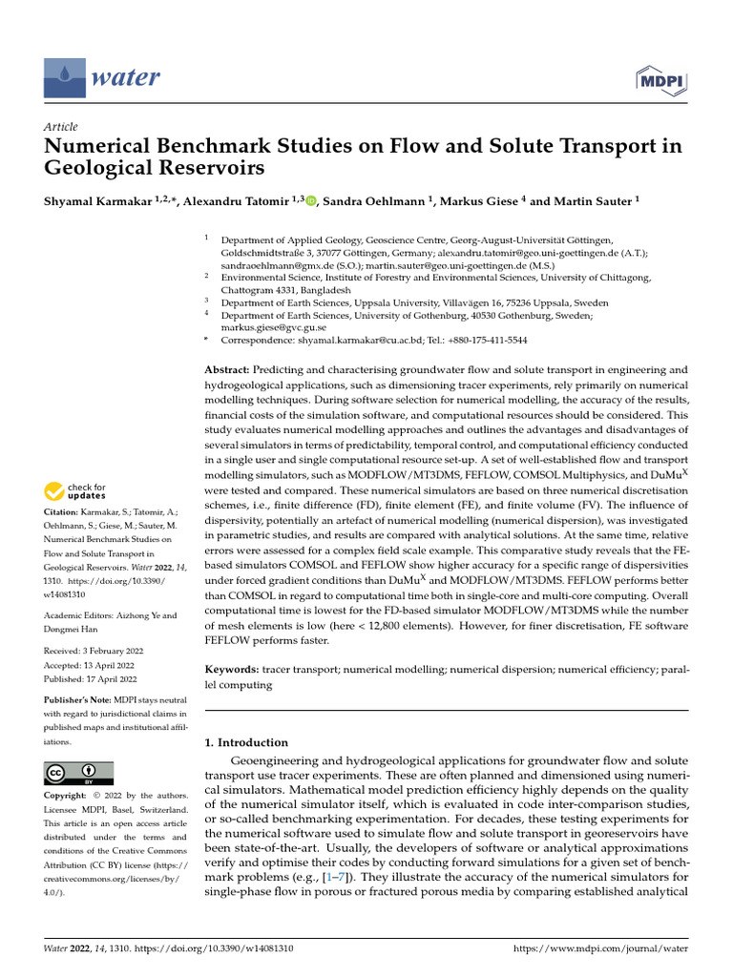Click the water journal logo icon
pyautogui.click(x=63, y=76)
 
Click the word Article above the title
pyautogui.click(x=61, y=127)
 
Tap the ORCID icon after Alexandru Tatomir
pyautogui.click(x=311, y=201)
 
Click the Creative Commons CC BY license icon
pyautogui.click(x=78, y=773)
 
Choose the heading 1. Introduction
pyautogui.click(x=246, y=742)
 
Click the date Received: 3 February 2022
pyautogui.click(x=94, y=651)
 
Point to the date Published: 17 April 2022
pyautogui.click(x=91, y=679)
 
